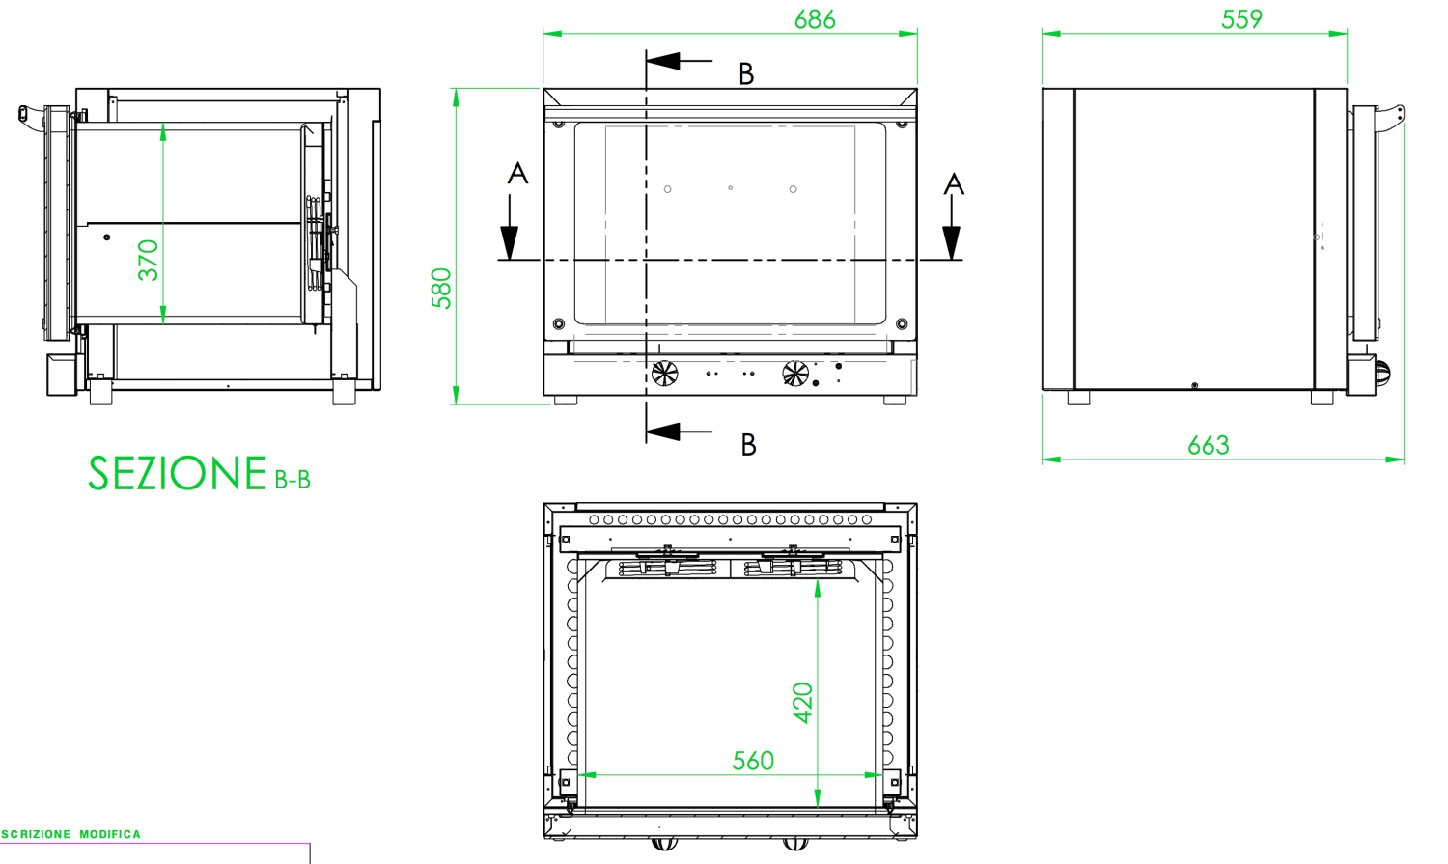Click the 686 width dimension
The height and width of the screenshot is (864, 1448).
(814, 19)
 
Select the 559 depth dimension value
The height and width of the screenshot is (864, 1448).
(1240, 19)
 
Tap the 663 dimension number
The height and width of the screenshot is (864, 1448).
(1208, 445)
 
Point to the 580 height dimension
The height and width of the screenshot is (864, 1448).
(441, 288)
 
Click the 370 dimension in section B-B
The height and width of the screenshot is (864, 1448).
(148, 260)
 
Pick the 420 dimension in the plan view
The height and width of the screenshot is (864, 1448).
(803, 703)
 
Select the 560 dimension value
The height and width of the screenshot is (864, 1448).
(752, 761)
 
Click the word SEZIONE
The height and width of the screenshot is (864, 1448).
(178, 474)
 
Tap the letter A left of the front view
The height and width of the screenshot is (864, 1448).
(517, 174)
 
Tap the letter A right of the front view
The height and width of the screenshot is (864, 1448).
(954, 183)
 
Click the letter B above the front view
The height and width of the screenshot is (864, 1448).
(746, 73)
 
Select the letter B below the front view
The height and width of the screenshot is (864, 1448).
(748, 444)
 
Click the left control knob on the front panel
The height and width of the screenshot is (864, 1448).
(664, 373)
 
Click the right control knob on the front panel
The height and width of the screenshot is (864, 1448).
(794, 373)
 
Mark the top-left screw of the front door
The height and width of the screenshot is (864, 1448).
(558, 124)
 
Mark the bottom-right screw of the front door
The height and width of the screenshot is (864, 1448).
(902, 324)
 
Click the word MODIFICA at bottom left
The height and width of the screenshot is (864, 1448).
(110, 834)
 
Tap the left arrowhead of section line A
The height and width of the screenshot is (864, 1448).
(509, 241)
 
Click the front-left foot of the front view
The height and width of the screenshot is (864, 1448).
(565, 400)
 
